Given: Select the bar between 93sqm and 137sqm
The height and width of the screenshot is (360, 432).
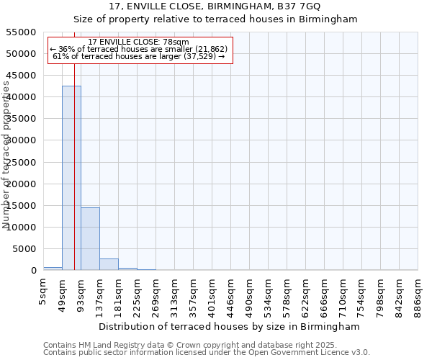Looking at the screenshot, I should click(x=90, y=238).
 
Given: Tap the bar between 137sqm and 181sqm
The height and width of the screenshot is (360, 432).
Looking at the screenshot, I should click(x=109, y=264).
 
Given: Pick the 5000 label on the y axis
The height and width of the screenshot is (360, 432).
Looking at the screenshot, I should click(x=27, y=249).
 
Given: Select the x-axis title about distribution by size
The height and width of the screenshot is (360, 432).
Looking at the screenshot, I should click(x=230, y=326).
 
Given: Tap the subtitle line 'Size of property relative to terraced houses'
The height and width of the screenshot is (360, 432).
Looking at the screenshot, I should click(x=216, y=19).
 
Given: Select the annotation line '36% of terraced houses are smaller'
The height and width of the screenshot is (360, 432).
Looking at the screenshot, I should click(x=139, y=49).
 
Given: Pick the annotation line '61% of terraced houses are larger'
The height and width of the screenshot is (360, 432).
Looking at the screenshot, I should click(x=139, y=56).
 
